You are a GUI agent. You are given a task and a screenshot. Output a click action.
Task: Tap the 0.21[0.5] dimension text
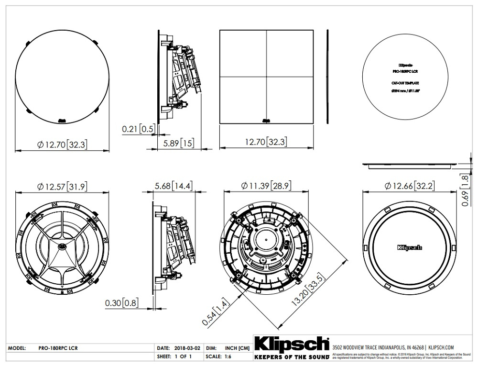pos(139,129)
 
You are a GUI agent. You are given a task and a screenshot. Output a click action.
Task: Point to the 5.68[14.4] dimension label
pos(174,185)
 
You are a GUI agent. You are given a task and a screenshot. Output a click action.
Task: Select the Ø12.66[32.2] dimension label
pos(407,185)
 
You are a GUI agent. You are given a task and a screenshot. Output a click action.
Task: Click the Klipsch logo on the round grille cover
pos(409,247)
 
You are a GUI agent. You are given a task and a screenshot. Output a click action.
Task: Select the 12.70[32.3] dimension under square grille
pos(267,142)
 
